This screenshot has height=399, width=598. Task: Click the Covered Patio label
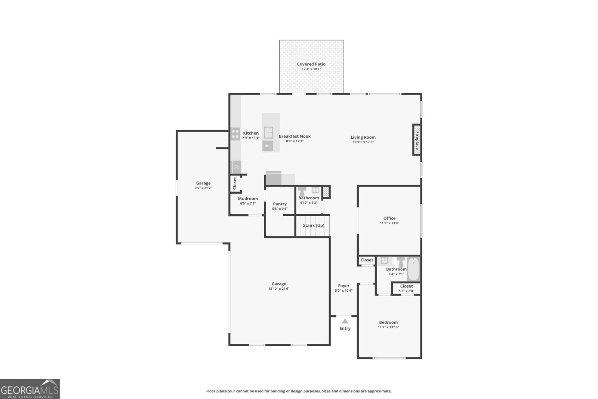click(311, 64)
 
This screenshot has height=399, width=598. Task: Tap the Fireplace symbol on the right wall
click(417, 140)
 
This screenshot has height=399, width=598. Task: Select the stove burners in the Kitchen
click(235, 134)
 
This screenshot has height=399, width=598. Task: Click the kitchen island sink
click(269, 133)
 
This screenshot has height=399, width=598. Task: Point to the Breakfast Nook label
click(295, 136)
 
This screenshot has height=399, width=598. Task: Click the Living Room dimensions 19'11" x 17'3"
click(363, 142)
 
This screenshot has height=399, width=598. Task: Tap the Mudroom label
click(248, 199)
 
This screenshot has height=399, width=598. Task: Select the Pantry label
click(280, 204)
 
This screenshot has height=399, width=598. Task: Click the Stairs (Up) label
click(313, 225)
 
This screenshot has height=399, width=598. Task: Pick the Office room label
click(389, 218)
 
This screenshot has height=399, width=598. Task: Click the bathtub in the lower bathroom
click(413, 269)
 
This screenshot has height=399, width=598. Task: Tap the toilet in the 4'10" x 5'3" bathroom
click(302, 191)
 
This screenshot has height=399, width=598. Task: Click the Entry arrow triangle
click(345, 321)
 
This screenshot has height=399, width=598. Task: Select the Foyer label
click(343, 286)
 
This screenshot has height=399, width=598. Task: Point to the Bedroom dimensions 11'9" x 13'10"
click(388, 327)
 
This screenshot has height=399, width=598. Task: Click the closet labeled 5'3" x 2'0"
click(406, 288)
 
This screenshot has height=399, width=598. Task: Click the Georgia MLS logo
click(30, 389)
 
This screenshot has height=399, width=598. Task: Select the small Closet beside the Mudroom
click(235, 183)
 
